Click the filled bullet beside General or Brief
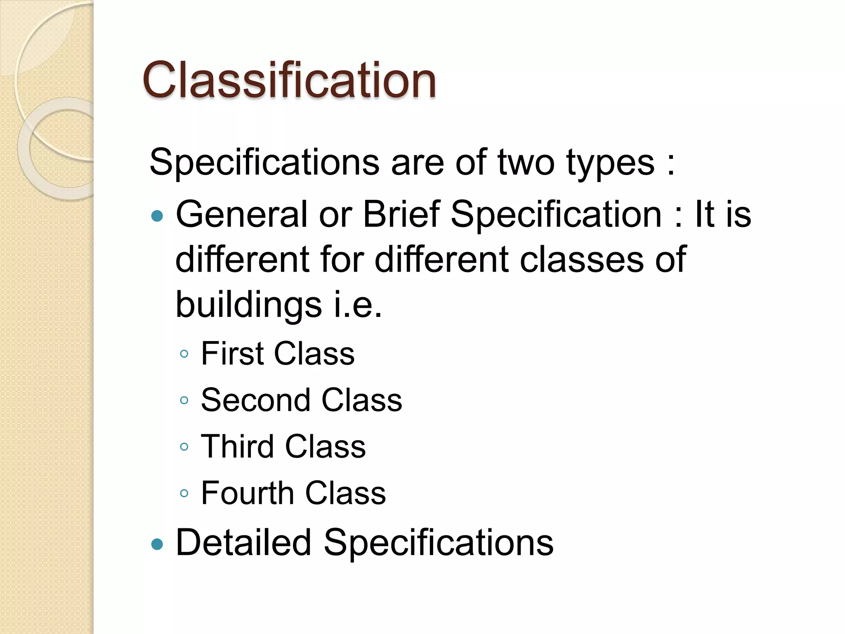[x=157, y=215]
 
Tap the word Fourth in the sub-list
[x=248, y=493]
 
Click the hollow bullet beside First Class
[x=184, y=354]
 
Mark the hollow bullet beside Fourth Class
[x=184, y=493]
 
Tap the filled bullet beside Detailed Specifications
[x=157, y=544]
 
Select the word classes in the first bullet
[x=581, y=260]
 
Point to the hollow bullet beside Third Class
[x=184, y=447]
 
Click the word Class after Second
[x=361, y=400]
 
